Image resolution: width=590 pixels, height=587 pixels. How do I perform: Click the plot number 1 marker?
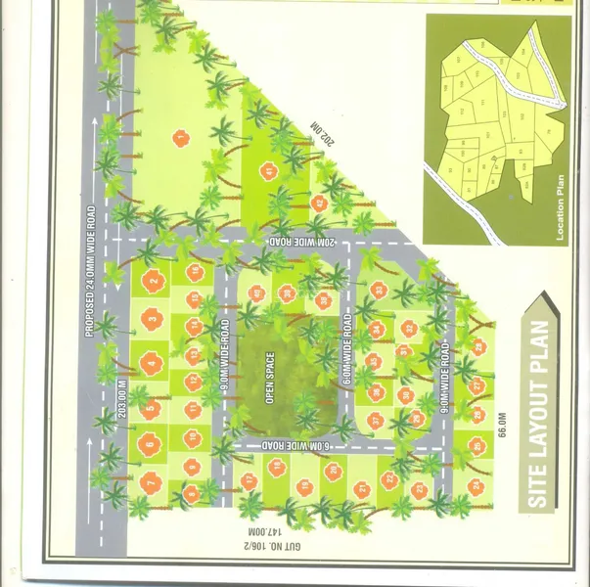180,138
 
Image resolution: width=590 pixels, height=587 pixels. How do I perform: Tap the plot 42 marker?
319,203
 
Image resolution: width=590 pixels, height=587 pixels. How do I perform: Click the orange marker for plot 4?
150,365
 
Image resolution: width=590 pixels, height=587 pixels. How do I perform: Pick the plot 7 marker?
150,481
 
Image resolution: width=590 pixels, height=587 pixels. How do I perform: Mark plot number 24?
476,484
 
